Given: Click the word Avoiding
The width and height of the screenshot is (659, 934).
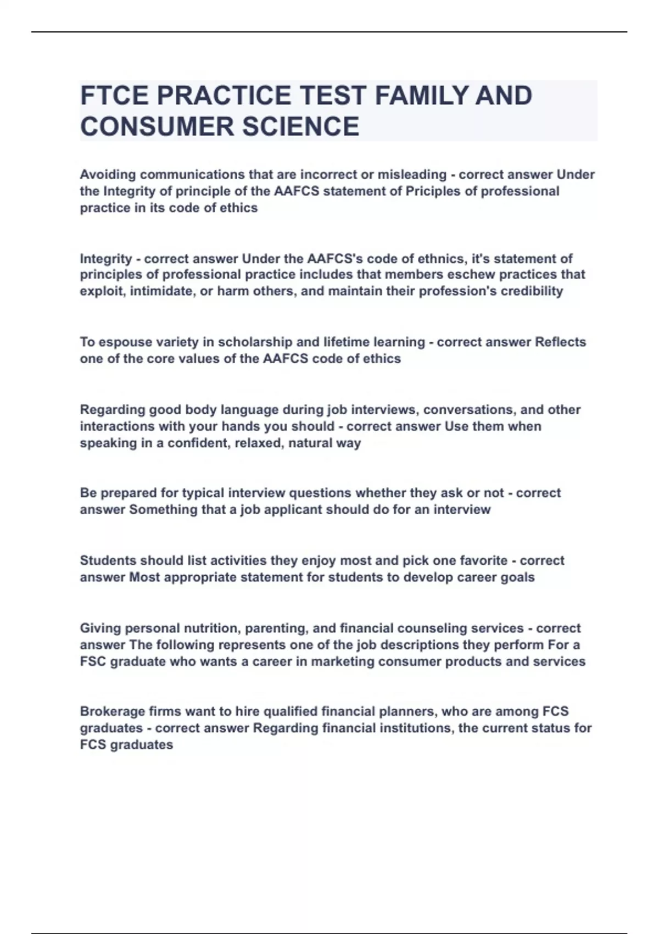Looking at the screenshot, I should [x=108, y=175].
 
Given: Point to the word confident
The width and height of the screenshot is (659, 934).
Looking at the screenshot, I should [x=197, y=443].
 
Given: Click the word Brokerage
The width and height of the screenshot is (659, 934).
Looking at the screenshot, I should [x=111, y=711].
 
